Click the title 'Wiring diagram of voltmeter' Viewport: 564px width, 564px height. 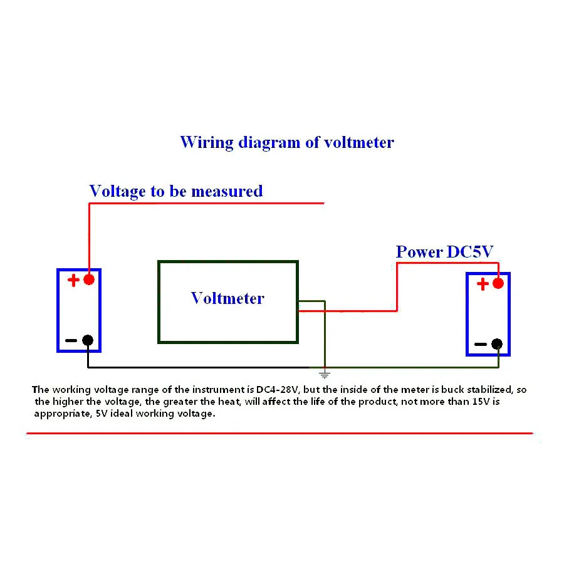tap(287, 142)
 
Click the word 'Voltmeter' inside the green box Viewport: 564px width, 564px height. tap(227, 298)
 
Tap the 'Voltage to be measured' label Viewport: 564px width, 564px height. tap(175, 191)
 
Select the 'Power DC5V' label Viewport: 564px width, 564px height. tap(444, 252)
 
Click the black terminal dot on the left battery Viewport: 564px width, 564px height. tap(88, 340)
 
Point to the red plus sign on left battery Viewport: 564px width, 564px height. tap(73, 280)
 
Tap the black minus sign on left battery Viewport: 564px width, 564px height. tap(71, 341)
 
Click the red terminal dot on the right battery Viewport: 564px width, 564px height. tap(498, 283)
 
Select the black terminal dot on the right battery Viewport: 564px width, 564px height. tap(497, 344)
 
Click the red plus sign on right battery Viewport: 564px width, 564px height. tap(482, 284)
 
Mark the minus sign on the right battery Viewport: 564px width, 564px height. tap(480, 345)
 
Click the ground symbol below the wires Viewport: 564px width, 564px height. tap(325, 375)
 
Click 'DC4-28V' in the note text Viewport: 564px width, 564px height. tap(278, 390)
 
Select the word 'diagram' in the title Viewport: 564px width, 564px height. tap(269, 142)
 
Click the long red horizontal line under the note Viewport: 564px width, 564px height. tap(279, 433)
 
